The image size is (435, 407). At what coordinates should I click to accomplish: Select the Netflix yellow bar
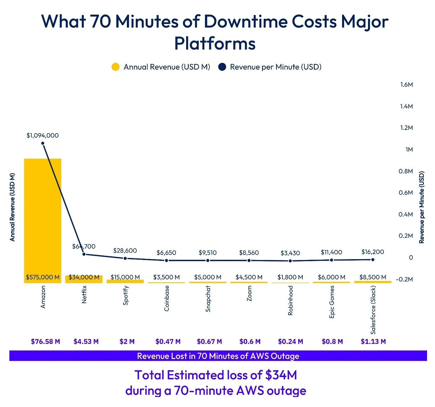[84, 279]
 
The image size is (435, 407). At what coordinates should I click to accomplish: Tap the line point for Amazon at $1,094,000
[43, 143]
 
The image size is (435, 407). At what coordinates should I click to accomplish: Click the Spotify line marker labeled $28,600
[125, 258]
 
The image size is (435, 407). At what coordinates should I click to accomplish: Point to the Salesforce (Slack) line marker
[373, 259]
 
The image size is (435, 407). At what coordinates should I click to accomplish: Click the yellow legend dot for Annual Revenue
[115, 67]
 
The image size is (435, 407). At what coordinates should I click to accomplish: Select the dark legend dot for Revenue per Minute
[222, 67]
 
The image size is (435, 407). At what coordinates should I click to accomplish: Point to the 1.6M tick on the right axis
[406, 84]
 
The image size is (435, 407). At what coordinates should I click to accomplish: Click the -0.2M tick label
[404, 279]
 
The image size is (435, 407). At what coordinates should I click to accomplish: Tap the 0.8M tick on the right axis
[406, 171]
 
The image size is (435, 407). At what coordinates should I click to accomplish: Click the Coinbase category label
[167, 298]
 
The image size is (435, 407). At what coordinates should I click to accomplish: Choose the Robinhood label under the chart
[290, 300]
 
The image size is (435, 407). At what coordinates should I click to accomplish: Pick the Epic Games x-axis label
[332, 302]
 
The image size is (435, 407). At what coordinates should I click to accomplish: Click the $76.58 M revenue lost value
[46, 341]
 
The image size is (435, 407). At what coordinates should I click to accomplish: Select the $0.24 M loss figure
[290, 341]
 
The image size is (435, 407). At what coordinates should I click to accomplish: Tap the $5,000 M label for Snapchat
[208, 277]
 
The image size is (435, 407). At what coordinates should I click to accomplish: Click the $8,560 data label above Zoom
[249, 253]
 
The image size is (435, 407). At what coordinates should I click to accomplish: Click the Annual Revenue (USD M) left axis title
[12, 207]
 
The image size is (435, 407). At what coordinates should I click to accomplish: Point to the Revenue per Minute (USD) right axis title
[422, 207]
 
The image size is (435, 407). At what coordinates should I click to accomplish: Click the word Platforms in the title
[215, 43]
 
